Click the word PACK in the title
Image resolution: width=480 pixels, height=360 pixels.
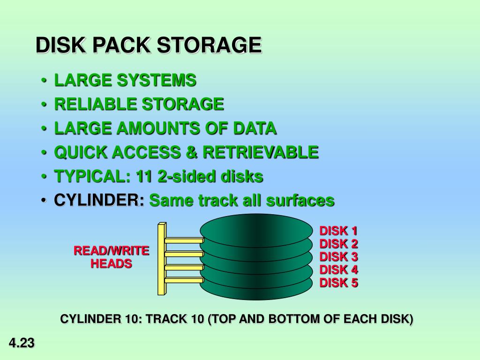(x=121, y=45)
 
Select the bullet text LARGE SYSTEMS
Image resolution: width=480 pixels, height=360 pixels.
(x=125, y=81)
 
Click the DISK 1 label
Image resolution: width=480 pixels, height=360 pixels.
(x=338, y=231)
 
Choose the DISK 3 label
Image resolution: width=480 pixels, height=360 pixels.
(x=338, y=257)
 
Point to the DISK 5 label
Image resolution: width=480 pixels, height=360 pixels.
(x=338, y=283)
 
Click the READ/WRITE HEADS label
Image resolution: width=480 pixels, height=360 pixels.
(x=111, y=257)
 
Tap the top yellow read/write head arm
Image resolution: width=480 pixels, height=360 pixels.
(x=183, y=240)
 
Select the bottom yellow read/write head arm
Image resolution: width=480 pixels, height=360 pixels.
(x=183, y=280)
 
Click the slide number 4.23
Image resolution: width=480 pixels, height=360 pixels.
(x=22, y=344)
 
